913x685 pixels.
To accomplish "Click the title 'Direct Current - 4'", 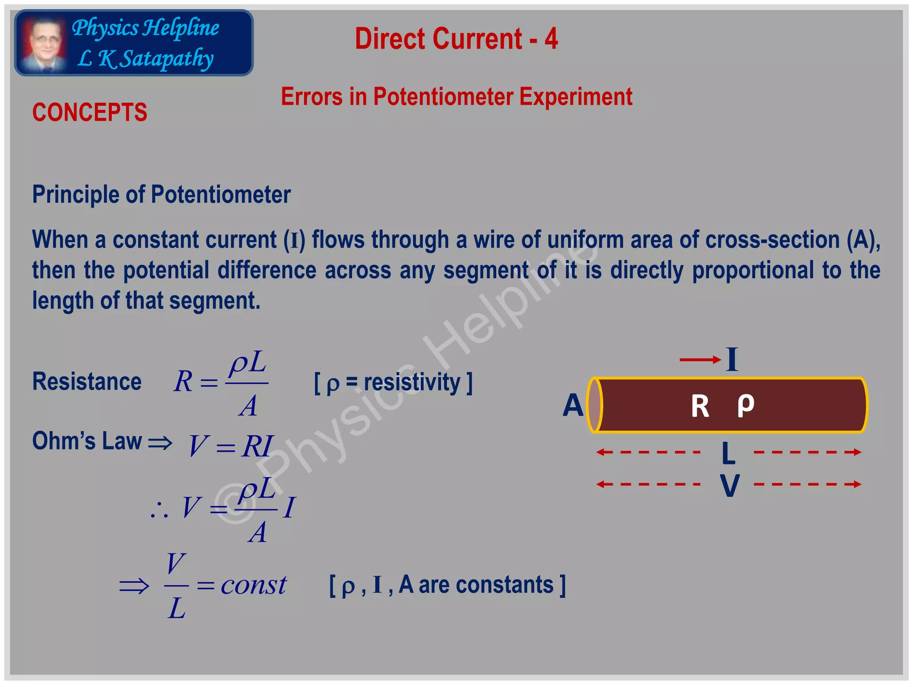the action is click(x=456, y=39).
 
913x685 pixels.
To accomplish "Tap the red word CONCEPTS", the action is click(x=90, y=112).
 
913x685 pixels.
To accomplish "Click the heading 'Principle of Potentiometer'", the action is click(x=161, y=195).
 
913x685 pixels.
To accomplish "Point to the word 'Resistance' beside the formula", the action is click(x=87, y=382).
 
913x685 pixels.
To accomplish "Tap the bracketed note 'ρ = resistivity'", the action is click(x=393, y=383).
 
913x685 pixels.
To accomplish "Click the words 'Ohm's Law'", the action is click(x=87, y=441).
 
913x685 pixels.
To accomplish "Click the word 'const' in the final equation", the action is click(x=253, y=585).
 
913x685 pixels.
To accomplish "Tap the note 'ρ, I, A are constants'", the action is click(x=447, y=585).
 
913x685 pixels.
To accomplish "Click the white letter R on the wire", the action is click(x=699, y=406).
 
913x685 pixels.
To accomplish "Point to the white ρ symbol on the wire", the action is click(x=745, y=404).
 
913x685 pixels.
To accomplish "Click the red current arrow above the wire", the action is click(x=700, y=359).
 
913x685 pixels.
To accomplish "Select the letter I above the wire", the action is click(x=732, y=359).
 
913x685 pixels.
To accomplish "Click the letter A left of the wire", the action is click(x=573, y=405).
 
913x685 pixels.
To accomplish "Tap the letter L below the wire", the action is click(x=728, y=454).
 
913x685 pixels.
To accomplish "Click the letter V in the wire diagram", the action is click(x=730, y=485).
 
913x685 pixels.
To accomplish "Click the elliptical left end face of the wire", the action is click(x=595, y=405).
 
